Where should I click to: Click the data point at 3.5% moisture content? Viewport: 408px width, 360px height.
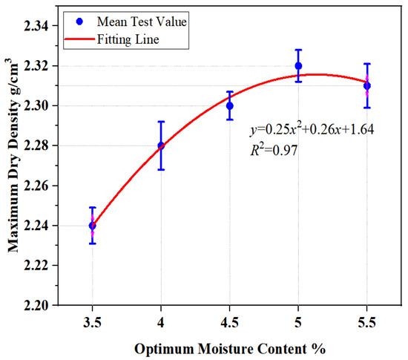93,226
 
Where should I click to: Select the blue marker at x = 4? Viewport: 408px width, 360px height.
161,145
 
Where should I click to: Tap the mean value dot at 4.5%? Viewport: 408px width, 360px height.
229,106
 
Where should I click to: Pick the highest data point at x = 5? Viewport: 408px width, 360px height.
298,66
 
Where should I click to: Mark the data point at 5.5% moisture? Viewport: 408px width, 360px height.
367,85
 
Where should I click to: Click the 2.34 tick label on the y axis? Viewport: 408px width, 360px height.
36,26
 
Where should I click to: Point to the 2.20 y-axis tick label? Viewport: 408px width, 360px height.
36,305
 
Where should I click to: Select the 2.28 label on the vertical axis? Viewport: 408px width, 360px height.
36,145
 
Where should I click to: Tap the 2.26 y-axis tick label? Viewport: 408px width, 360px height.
36,186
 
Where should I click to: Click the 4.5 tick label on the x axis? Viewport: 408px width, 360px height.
229,323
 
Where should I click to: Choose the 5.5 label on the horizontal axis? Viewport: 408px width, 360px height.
367,323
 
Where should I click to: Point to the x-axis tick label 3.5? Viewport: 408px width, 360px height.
93,323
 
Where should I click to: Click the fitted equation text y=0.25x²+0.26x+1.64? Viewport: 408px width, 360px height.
312,129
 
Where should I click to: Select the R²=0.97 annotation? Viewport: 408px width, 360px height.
274,150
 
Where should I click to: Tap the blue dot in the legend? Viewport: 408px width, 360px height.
79,22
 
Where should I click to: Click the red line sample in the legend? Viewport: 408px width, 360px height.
79,39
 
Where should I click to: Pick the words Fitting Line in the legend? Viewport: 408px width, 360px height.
128,40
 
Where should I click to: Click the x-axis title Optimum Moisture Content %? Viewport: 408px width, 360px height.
230,349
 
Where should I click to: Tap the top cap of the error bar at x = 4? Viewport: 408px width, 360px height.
161,122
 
